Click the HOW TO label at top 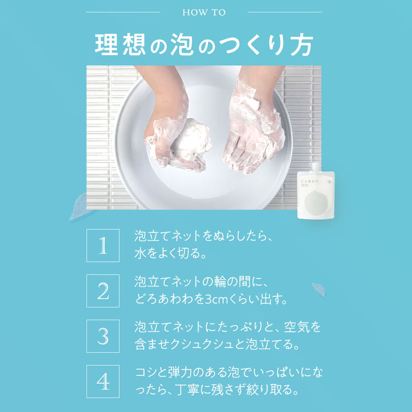coord(204,12)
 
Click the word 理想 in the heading coord(119,45)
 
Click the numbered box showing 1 coord(102,246)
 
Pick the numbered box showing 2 coord(102,291)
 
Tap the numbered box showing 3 coord(102,336)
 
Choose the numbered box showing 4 coord(102,382)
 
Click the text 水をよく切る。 coord(170,254)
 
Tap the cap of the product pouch coord(316,167)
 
